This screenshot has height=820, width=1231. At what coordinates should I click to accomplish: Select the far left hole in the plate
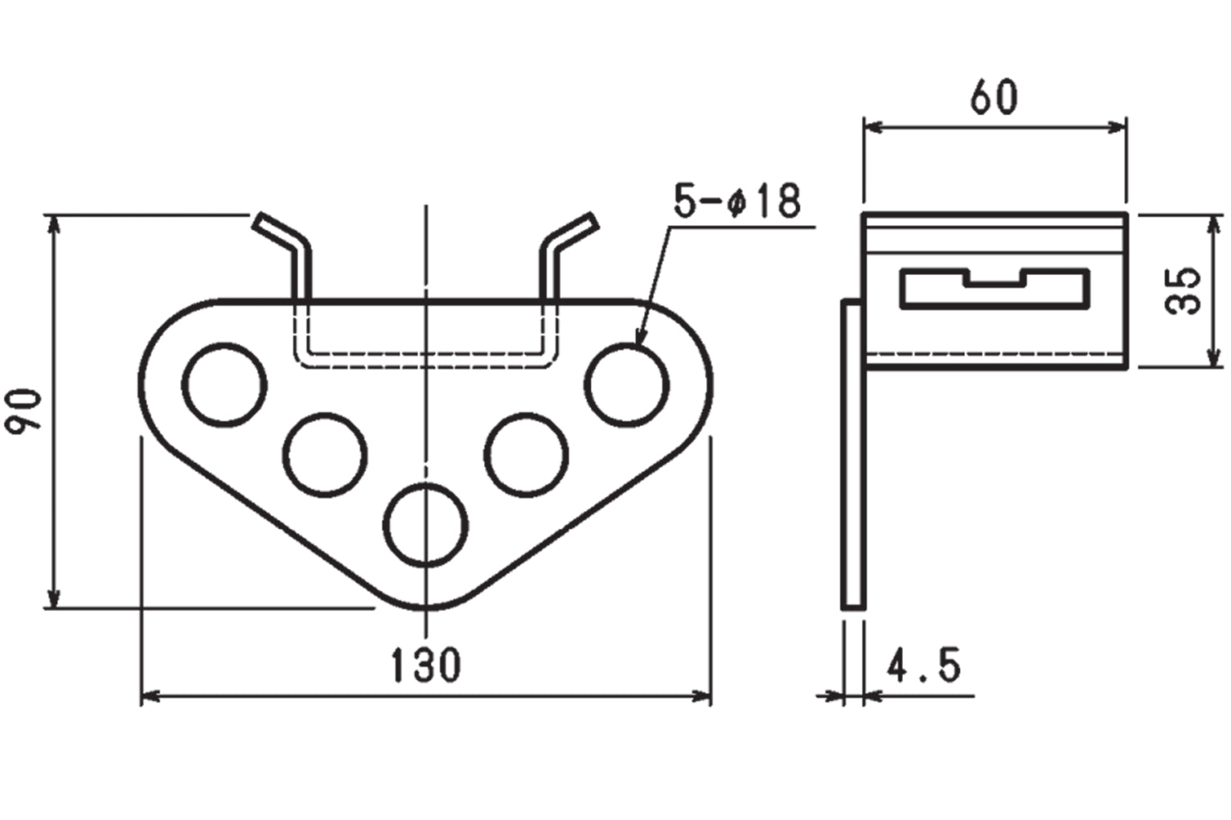(x=224, y=384)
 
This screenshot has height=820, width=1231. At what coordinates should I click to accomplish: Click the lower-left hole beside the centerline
(x=325, y=454)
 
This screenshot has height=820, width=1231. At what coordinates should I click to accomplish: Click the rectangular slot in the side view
(x=995, y=289)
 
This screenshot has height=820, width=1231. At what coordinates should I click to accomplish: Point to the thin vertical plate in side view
(x=853, y=455)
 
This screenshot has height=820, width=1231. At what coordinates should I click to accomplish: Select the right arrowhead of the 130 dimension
(x=703, y=697)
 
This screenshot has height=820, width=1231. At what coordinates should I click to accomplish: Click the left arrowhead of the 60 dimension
(x=872, y=127)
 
